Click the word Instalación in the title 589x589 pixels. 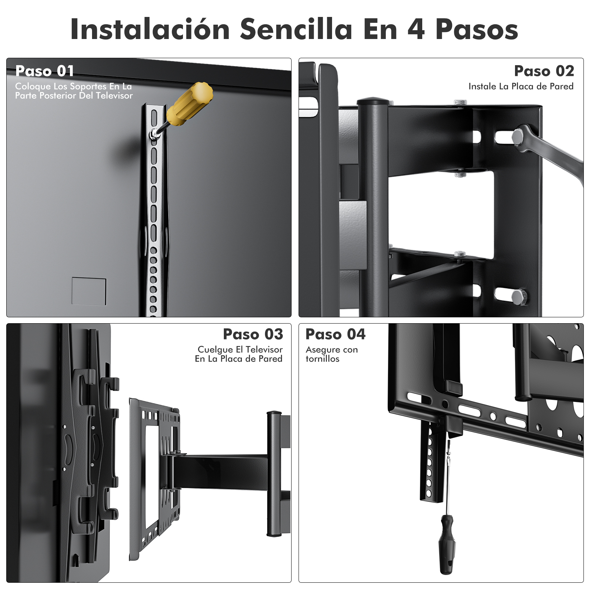click(x=150, y=29)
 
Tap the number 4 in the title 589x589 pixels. click(x=416, y=29)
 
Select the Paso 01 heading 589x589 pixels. click(x=45, y=71)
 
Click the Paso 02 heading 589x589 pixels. click(x=544, y=71)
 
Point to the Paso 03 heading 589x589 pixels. click(x=253, y=334)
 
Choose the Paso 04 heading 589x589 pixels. click(x=335, y=334)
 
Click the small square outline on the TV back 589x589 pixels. click(x=89, y=291)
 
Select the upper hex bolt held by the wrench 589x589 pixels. click(x=519, y=137)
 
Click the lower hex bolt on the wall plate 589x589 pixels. click(x=519, y=297)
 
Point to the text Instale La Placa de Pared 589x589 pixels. click(x=521, y=87)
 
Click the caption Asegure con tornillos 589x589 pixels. click(x=332, y=354)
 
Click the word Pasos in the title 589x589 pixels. click(x=477, y=29)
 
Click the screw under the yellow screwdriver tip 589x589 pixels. click(x=154, y=134)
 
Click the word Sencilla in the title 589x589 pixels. click(x=296, y=29)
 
